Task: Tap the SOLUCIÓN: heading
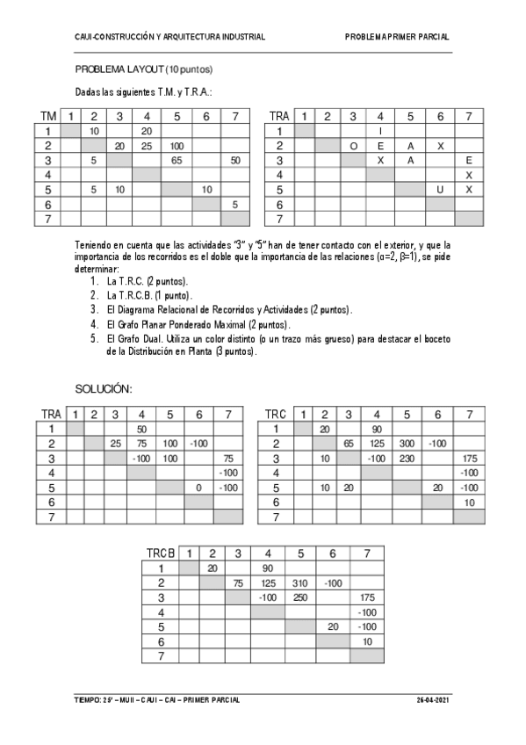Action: pyautogui.click(x=103, y=388)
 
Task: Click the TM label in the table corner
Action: pyautogui.click(x=49, y=116)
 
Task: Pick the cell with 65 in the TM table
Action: pyautogui.click(x=176, y=160)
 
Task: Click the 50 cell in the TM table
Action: pyautogui.click(x=234, y=160)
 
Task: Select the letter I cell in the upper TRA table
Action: pyautogui.click(x=380, y=131)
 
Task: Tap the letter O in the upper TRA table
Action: pyautogui.click(x=352, y=145)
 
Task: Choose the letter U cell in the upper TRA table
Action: pyautogui.click(x=439, y=189)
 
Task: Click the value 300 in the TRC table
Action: pyautogui.click(x=407, y=444)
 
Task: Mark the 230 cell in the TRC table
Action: pyautogui.click(x=407, y=459)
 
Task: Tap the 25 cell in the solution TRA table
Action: pyautogui.click(x=116, y=444)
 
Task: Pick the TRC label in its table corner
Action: pyautogui.click(x=275, y=415)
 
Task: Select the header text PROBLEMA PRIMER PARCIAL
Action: pyautogui.click(x=397, y=37)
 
